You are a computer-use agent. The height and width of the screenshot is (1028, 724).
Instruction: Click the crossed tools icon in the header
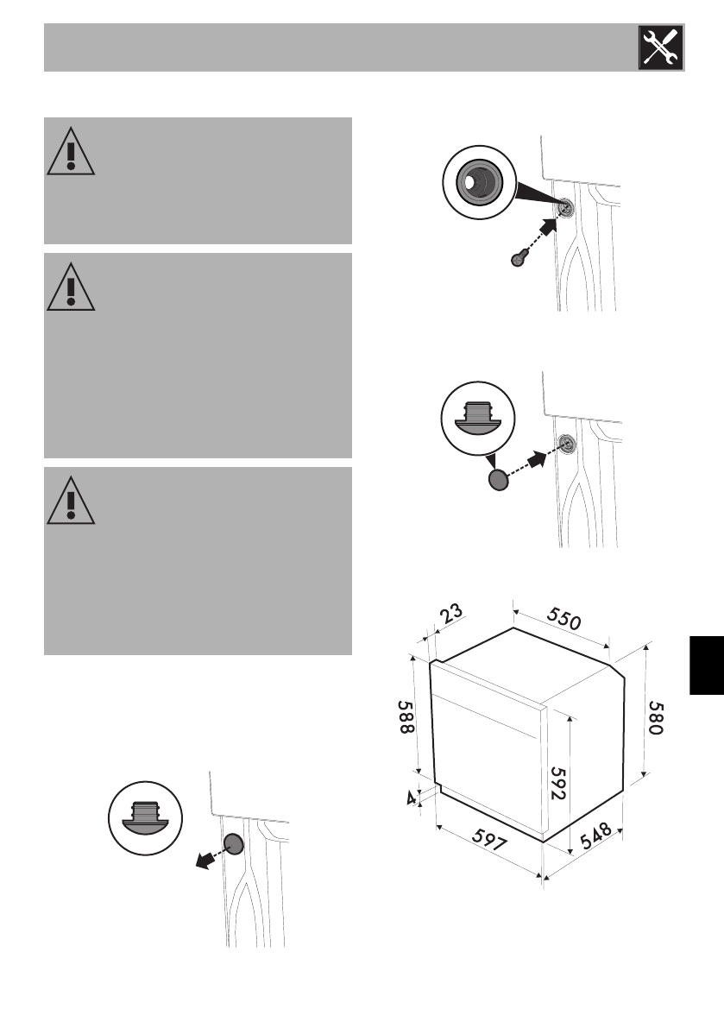[660, 47]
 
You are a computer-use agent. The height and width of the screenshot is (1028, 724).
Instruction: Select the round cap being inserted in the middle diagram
[499, 480]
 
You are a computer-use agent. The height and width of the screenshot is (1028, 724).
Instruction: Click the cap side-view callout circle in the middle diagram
[476, 417]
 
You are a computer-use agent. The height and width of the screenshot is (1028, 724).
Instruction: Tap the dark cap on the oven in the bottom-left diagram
[233, 844]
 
